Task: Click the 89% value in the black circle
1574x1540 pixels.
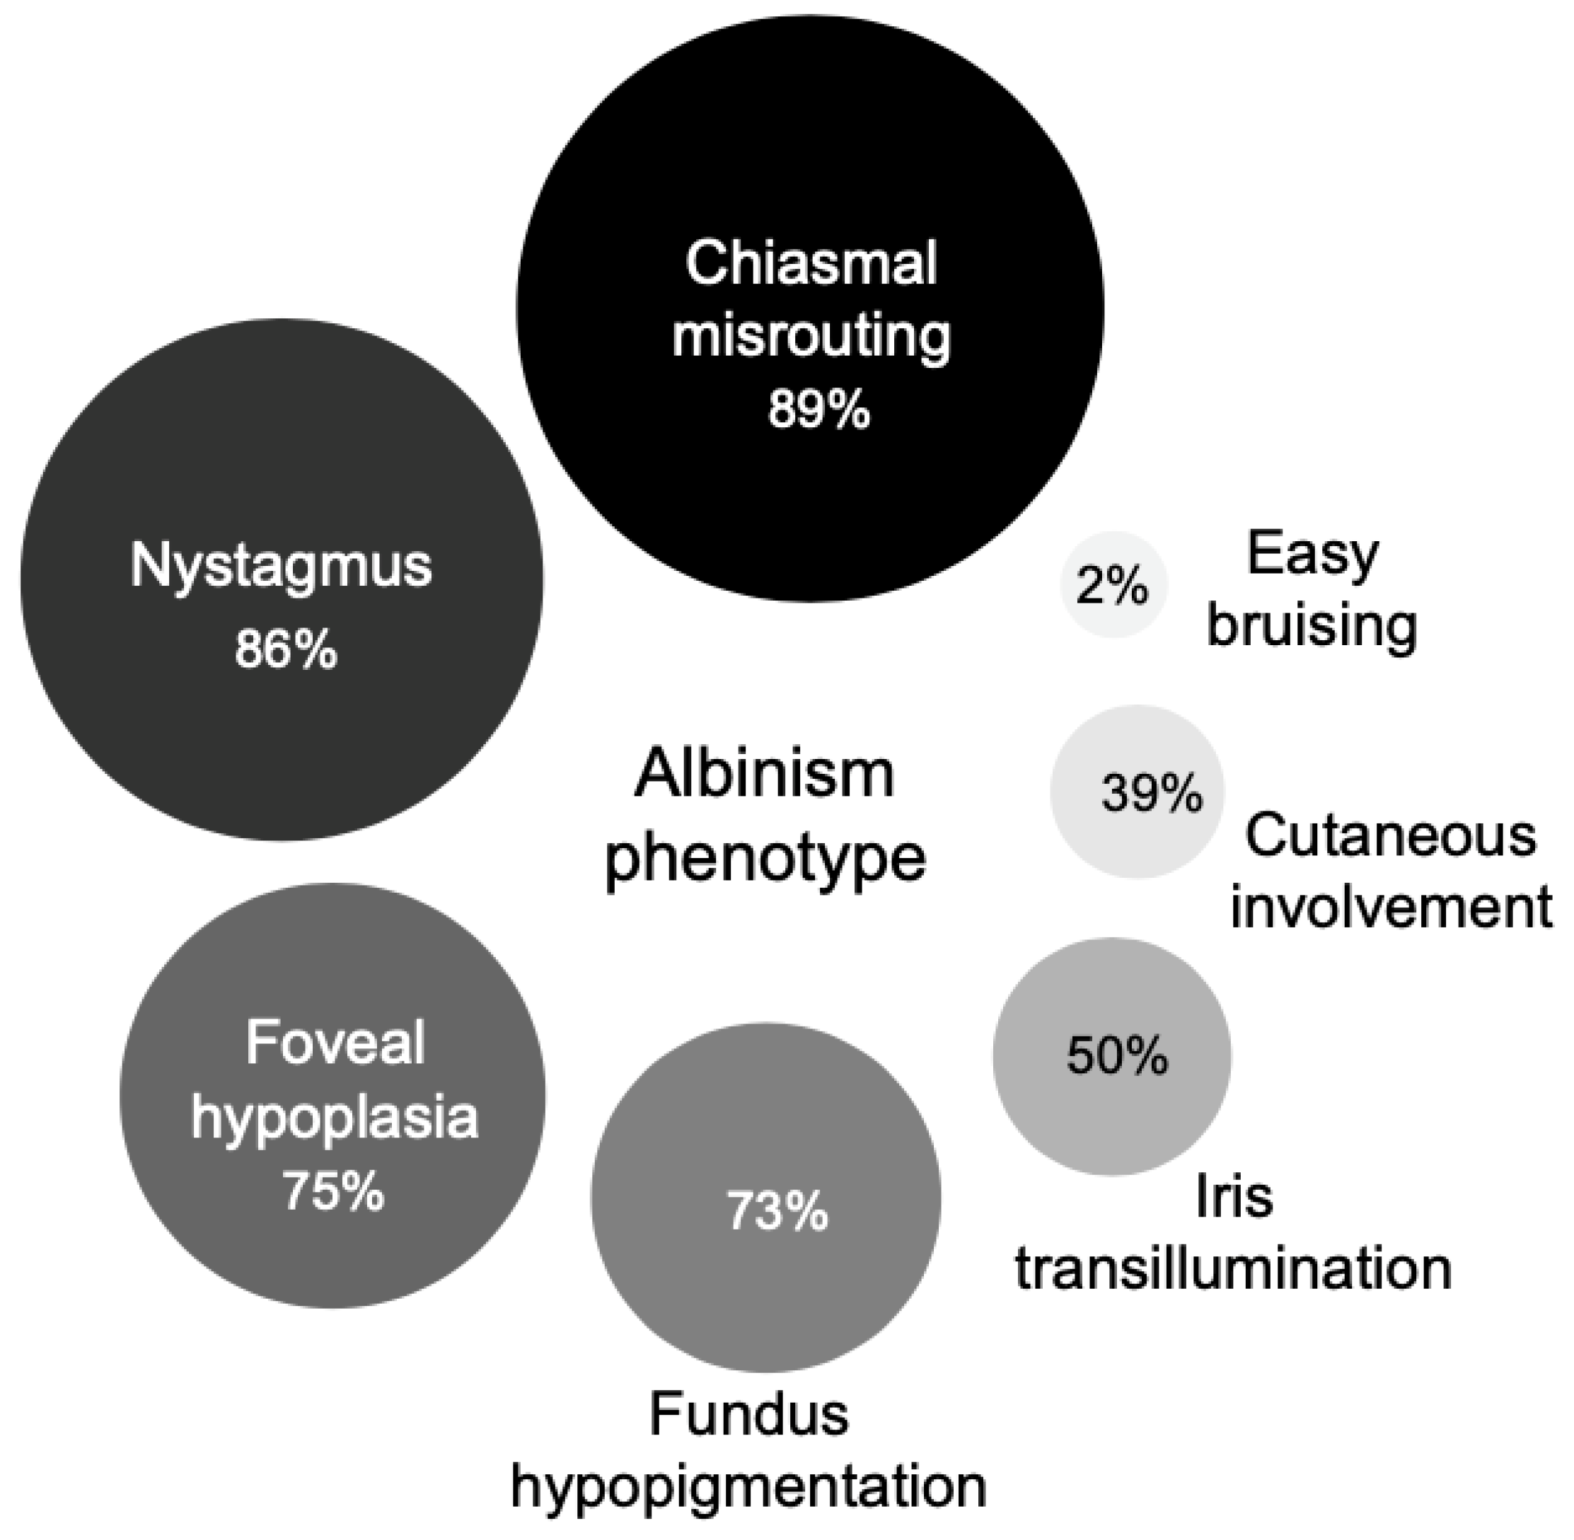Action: click(818, 410)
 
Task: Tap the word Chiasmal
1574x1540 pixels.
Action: click(811, 264)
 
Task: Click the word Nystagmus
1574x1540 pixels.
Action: click(282, 566)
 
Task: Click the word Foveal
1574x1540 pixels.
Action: click(335, 1043)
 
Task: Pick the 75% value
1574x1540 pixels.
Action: click(332, 1191)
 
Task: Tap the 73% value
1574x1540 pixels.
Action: click(777, 1212)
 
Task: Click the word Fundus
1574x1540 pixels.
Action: click(749, 1415)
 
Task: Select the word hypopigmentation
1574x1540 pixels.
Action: click(749, 1487)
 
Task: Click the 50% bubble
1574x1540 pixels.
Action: click(1113, 1056)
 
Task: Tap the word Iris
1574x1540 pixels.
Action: click(1234, 1198)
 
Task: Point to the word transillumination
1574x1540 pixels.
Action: click(1234, 1268)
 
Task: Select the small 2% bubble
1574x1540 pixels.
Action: click(1113, 585)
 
